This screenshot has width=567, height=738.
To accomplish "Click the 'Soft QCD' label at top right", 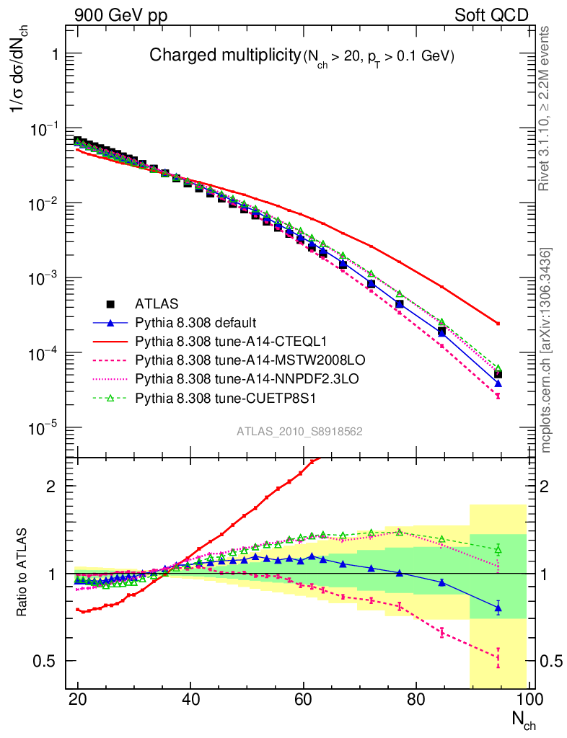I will [x=491, y=15].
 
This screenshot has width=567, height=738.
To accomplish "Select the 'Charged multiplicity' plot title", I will [x=224, y=55].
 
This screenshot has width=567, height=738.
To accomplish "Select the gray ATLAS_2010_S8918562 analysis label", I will [x=299, y=431].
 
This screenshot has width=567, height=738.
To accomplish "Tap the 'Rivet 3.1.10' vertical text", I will [x=546, y=108].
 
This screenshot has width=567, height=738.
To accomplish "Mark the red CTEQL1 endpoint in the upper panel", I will [x=498, y=323].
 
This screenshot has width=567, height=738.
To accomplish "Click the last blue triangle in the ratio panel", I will [x=498, y=608].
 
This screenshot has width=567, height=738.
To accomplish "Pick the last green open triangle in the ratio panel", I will [x=498, y=550].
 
